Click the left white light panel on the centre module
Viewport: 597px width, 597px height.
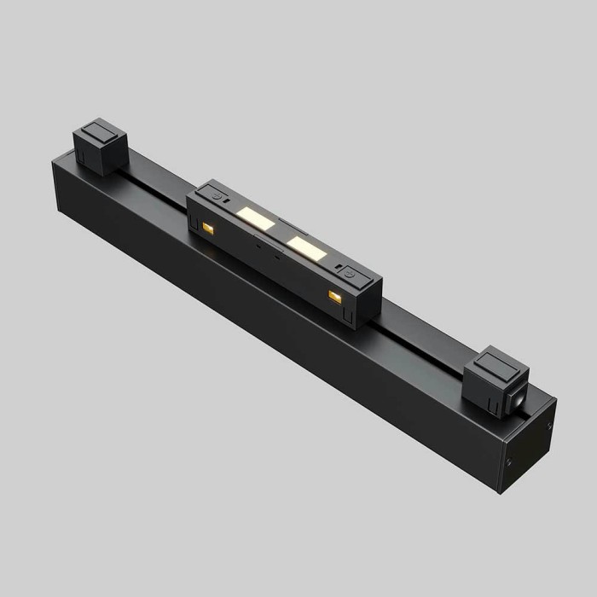coord(256,219)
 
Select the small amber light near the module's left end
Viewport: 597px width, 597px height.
coord(207,228)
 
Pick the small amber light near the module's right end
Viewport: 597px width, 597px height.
coord(334,296)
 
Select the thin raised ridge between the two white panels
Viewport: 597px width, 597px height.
coord(282,232)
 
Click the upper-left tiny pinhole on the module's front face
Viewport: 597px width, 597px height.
coord(256,241)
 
